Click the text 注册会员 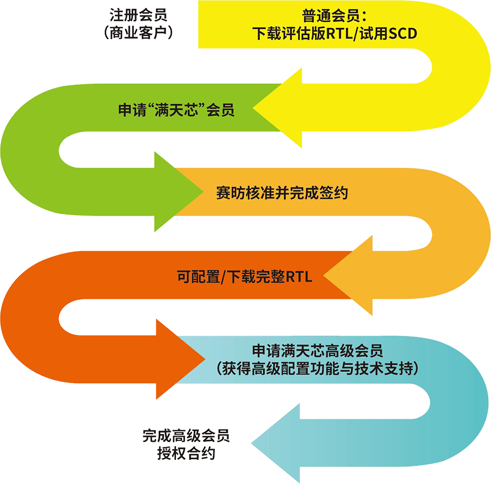(138, 15)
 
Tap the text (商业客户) (138, 32)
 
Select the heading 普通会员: (334, 15)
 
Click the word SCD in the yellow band (403, 33)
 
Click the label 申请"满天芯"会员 (176, 110)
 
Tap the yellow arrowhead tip (253, 108)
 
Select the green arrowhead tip (204, 191)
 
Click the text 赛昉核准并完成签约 (282, 193)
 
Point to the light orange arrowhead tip (323, 276)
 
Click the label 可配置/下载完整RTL (245, 277)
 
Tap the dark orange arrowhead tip (206, 359)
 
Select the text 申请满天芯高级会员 (318, 351)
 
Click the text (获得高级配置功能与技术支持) (318, 369)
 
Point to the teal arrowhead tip (251, 443)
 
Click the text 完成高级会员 (186, 436)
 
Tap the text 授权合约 (186, 453)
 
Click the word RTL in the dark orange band (299, 277)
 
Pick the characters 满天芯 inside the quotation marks (177, 110)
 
